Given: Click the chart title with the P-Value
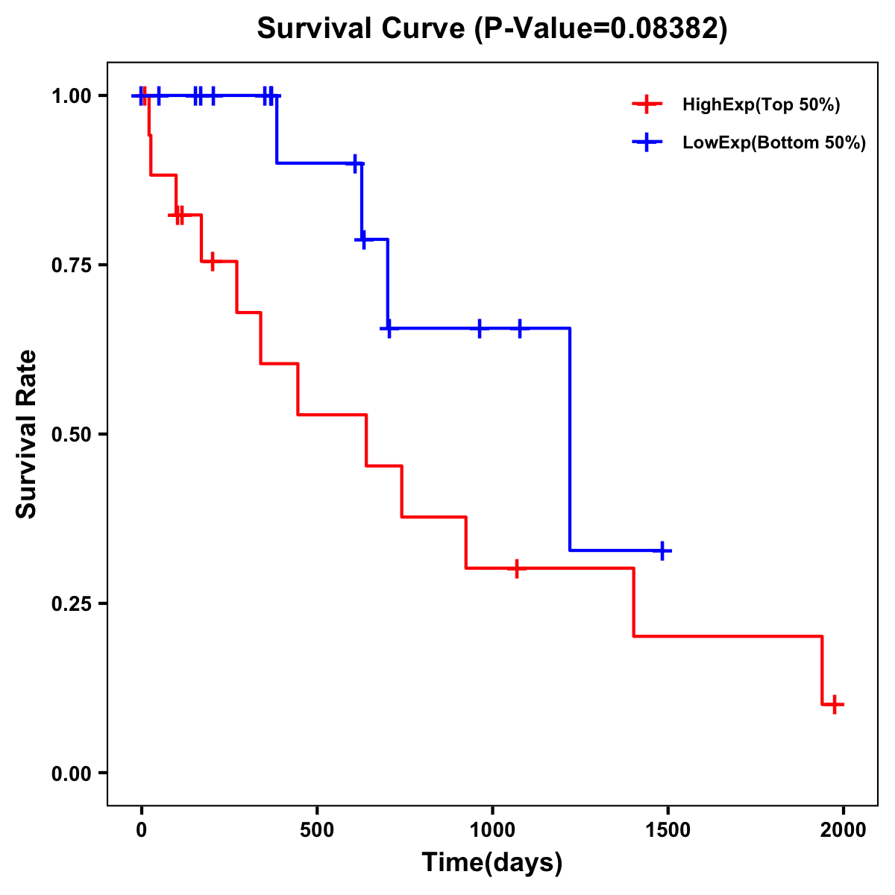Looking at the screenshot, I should (x=492, y=28).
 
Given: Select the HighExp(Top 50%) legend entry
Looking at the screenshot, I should (x=761, y=105).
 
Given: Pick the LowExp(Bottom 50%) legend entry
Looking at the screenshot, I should (x=774, y=143).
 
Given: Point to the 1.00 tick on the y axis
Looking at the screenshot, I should (x=71, y=96).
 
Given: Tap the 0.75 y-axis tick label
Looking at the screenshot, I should (x=71, y=266).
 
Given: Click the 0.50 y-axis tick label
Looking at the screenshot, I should (x=71, y=435).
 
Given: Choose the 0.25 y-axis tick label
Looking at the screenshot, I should (x=71, y=604).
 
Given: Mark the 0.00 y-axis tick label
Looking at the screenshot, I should (x=71, y=773).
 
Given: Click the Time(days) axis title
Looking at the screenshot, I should (x=492, y=863).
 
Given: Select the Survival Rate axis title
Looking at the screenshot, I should (x=27, y=434).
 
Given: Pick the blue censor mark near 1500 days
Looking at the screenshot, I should (x=662, y=550).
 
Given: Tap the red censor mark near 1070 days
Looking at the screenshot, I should (x=516, y=569).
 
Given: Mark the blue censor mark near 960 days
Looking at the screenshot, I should (x=479, y=328).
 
